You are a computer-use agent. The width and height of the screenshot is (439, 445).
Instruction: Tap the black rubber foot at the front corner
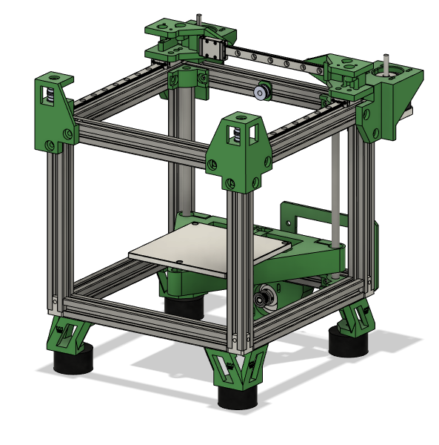click(x=238, y=396)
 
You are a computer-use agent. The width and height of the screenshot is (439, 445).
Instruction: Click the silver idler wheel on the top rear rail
click(x=260, y=93)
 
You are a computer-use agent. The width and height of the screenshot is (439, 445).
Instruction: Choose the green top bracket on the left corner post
click(x=53, y=111)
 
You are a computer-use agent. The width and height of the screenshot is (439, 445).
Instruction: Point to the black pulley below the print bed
click(x=261, y=299)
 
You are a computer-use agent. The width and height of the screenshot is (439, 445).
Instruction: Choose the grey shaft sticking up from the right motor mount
click(x=385, y=63)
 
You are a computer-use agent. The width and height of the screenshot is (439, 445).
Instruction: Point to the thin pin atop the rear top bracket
click(x=198, y=17)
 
